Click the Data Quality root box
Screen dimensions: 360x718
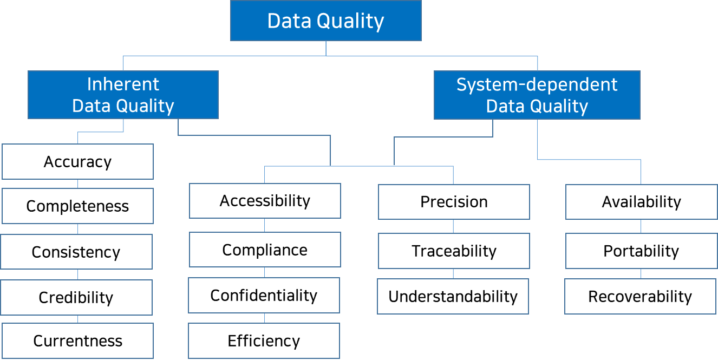[x=325, y=21]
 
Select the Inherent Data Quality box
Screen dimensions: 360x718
[x=123, y=95]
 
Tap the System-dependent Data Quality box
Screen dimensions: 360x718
[x=537, y=95]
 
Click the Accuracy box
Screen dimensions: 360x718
[x=77, y=161]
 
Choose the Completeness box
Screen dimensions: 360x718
[x=77, y=206]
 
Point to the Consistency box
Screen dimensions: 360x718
[x=76, y=252]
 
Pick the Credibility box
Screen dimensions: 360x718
[x=76, y=297]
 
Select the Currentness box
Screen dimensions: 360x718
[x=77, y=341]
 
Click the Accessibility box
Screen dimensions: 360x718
[x=265, y=201]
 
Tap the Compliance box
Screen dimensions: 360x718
[x=265, y=250]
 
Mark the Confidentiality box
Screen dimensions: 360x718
[x=264, y=295]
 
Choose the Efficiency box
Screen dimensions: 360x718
[x=264, y=341]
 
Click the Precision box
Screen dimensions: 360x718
[x=454, y=202]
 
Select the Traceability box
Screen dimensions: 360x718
[x=454, y=251]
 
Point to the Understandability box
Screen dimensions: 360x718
[x=453, y=296]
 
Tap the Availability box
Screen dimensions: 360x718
[x=641, y=202]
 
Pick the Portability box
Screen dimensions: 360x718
[x=641, y=251]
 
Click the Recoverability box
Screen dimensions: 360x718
[x=640, y=296]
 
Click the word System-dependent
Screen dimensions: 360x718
[x=537, y=84]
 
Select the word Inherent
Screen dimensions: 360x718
[x=123, y=84]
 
